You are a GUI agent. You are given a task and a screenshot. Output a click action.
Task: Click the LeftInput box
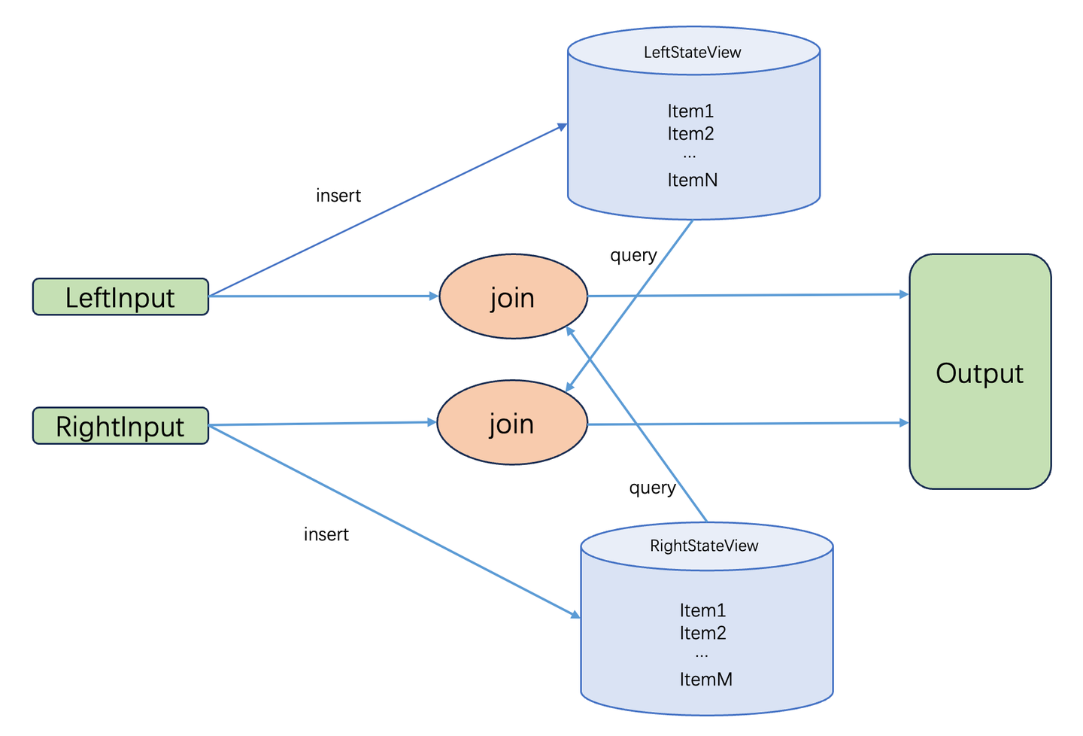pyautogui.click(x=121, y=297)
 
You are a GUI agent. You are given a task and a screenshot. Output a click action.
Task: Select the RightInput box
pyautogui.click(x=121, y=426)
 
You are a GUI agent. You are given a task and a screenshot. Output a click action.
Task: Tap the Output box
pyautogui.click(x=981, y=372)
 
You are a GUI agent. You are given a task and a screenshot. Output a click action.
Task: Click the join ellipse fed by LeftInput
pyautogui.click(x=514, y=297)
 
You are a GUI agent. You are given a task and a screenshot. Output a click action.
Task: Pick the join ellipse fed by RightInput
pyautogui.click(x=512, y=423)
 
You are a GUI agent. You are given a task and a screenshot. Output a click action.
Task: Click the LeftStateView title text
pyautogui.click(x=693, y=52)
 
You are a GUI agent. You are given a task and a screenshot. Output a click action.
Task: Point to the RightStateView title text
pyautogui.click(x=705, y=546)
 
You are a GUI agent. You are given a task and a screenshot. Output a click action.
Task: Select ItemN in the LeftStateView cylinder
pyautogui.click(x=693, y=181)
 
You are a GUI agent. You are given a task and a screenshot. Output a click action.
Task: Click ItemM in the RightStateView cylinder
pyautogui.click(x=706, y=680)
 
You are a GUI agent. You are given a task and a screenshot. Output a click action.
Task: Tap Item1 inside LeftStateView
pyautogui.click(x=691, y=111)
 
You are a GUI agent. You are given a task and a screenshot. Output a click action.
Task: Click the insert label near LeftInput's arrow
pyautogui.click(x=338, y=196)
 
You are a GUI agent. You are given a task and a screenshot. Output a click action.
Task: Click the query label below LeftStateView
pyautogui.click(x=634, y=256)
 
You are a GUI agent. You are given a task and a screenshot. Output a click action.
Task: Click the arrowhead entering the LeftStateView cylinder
pyautogui.click(x=563, y=126)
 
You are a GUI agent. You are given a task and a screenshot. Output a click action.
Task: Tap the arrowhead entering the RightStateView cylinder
pyautogui.click(x=575, y=615)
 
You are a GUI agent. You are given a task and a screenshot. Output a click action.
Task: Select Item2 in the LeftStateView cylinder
pyautogui.click(x=691, y=134)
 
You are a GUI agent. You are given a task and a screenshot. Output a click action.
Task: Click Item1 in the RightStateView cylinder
pyautogui.click(x=703, y=610)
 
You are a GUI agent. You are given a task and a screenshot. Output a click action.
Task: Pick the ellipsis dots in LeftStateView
pyautogui.click(x=690, y=157)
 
